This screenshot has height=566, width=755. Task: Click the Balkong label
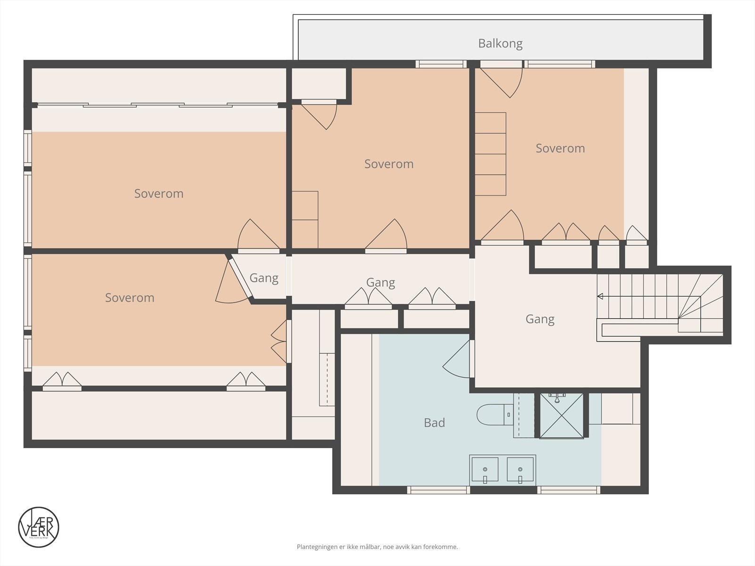click(x=500, y=43)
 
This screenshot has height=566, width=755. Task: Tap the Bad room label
click(x=434, y=423)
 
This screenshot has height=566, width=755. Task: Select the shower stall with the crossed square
click(x=562, y=415)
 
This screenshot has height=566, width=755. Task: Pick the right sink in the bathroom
click(x=520, y=470)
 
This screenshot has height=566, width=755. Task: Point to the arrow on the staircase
click(x=601, y=296)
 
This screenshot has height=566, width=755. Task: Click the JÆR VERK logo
click(x=39, y=527)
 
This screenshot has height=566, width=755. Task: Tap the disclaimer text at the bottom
click(x=377, y=547)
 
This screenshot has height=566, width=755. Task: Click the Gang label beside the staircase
click(x=540, y=319)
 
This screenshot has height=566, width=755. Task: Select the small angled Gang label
click(x=264, y=278)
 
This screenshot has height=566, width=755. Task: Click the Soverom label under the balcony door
click(x=560, y=149)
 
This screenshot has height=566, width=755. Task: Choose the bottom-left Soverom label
click(x=129, y=298)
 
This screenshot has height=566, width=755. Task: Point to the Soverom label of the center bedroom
click(x=389, y=164)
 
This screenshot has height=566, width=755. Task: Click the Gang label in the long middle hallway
click(x=380, y=283)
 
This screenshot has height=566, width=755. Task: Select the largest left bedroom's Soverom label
click(x=159, y=193)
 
